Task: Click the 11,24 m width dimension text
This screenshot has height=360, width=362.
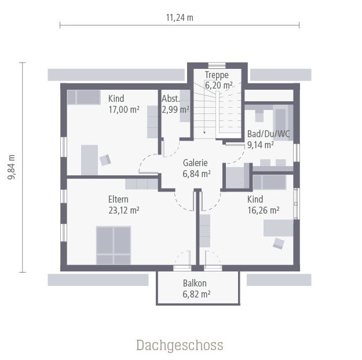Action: point(180,17)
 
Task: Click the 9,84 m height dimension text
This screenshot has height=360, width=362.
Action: point(11,167)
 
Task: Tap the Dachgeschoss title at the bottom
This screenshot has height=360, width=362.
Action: point(180,346)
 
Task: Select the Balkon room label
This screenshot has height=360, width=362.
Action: point(195,284)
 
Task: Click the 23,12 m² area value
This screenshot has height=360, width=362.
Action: point(123,211)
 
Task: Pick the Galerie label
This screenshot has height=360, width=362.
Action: point(196,163)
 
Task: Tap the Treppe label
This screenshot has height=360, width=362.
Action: point(217,75)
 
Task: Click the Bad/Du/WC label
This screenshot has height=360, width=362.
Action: point(268,134)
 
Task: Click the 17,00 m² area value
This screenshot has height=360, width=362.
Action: point(123,109)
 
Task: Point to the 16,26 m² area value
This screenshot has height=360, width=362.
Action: point(264,211)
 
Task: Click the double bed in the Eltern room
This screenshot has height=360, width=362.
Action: point(114,245)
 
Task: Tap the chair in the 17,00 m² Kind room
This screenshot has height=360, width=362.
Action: point(105,159)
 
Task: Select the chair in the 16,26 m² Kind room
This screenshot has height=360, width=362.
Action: point(279,243)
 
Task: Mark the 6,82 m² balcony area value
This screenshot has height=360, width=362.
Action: point(196,294)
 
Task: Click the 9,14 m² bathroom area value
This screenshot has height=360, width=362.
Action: point(260,145)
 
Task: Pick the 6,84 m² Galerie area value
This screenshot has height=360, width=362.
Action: point(196,173)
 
